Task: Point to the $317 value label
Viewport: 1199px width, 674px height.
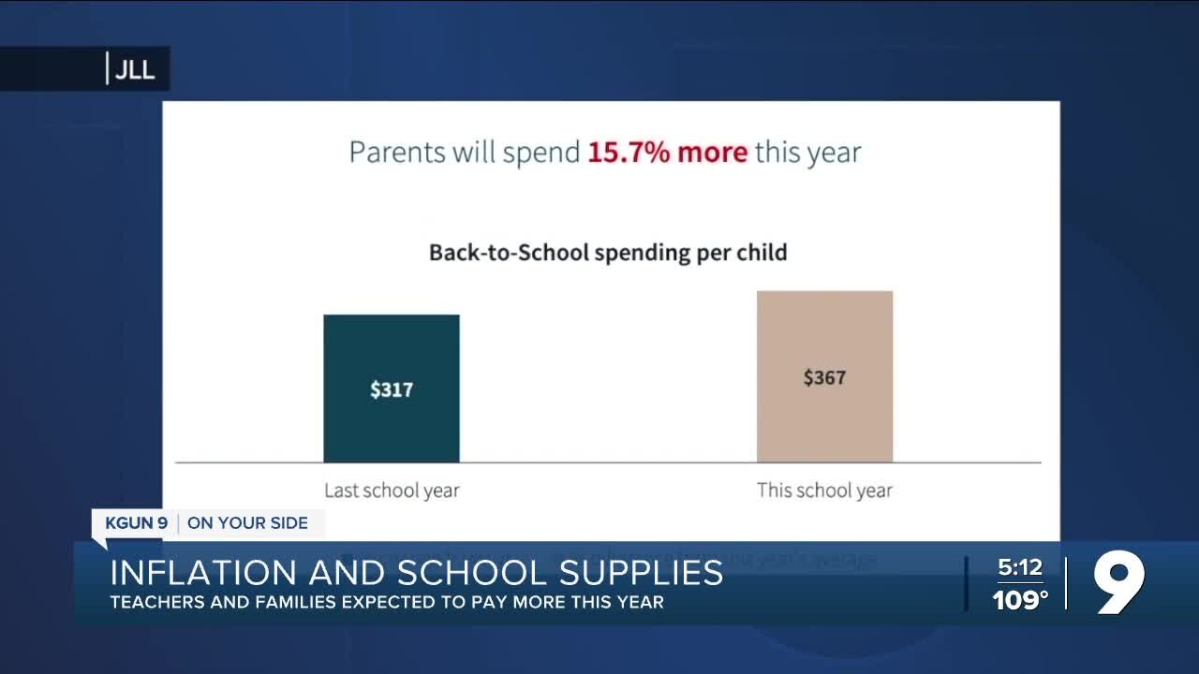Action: (x=392, y=389)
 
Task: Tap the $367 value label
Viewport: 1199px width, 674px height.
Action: (x=824, y=377)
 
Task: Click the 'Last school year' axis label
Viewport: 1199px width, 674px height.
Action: (x=392, y=490)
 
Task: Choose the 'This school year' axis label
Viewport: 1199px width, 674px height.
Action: (x=824, y=490)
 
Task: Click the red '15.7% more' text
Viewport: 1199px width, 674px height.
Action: (x=667, y=153)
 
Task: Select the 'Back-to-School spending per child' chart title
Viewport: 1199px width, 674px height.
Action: (x=608, y=252)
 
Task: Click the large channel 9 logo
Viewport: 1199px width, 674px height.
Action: (x=1119, y=582)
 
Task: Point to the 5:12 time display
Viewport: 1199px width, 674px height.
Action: (x=1019, y=567)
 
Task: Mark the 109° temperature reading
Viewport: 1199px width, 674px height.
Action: (x=1020, y=600)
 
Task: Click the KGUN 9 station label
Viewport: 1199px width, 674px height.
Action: (x=136, y=522)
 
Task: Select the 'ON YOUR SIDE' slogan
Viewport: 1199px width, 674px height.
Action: (x=247, y=522)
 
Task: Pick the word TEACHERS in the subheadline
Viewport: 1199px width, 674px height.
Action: (x=155, y=602)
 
